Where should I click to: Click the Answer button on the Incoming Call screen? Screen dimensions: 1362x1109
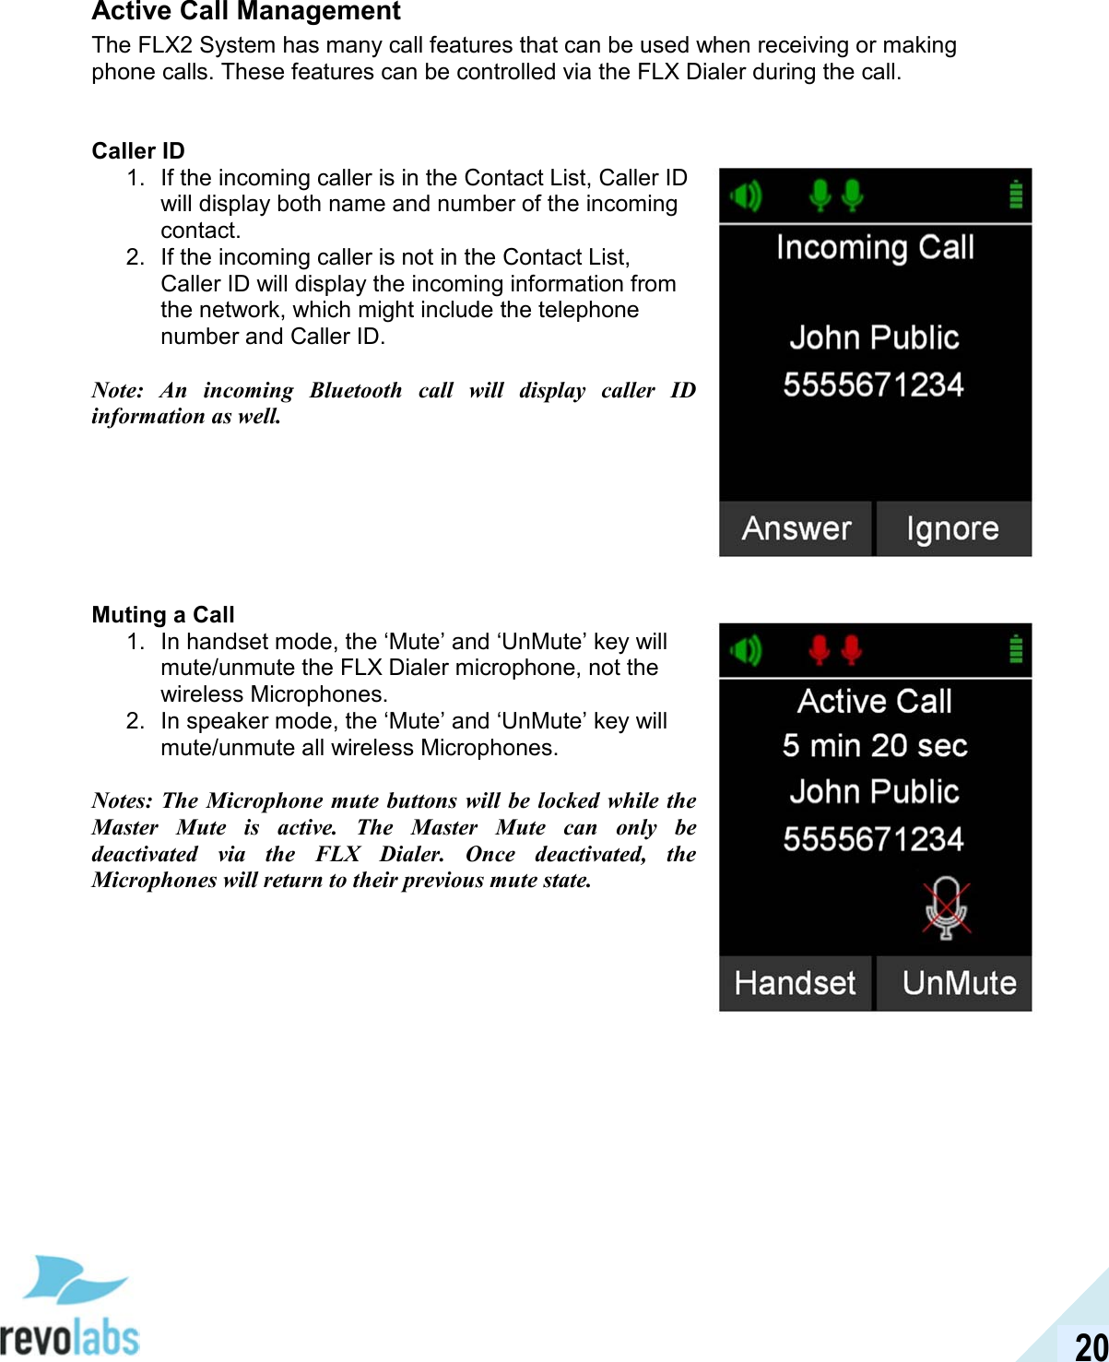tap(795, 528)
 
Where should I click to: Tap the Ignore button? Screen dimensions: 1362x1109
tap(952, 528)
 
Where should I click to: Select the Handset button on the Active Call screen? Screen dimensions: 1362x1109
tap(795, 983)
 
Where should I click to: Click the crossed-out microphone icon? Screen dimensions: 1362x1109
tap(946, 907)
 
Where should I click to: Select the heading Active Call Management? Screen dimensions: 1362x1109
tap(246, 12)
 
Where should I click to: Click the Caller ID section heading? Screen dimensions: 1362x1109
tap(138, 151)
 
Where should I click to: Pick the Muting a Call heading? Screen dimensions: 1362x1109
tap(163, 615)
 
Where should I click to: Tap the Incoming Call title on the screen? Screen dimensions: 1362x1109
tap(875, 248)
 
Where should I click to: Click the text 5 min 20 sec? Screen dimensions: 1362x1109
tap(875, 745)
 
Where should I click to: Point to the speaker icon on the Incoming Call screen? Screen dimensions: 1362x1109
tap(746, 195)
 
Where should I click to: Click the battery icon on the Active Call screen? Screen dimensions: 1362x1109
tap(1015, 649)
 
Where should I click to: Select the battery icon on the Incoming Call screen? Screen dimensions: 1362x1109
tap(1015, 195)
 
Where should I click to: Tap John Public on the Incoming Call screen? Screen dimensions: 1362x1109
tap(874, 338)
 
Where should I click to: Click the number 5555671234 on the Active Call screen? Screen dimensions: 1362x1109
tap(873, 839)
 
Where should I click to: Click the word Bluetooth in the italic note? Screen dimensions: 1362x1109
tap(356, 390)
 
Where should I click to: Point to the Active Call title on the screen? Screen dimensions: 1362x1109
tap(875, 702)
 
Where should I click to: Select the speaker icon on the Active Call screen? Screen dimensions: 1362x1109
tap(746, 650)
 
